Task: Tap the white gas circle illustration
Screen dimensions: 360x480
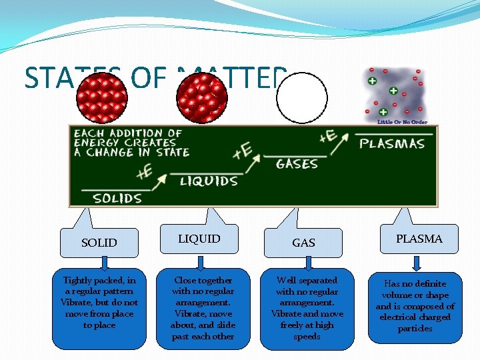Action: click(x=302, y=98)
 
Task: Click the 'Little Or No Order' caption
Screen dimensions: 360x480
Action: click(x=402, y=122)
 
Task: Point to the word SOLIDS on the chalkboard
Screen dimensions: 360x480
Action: click(x=117, y=197)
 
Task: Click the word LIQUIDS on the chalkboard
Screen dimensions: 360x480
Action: click(x=208, y=181)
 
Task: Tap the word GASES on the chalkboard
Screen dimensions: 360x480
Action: click(x=297, y=163)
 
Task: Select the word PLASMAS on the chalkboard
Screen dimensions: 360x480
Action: click(x=392, y=143)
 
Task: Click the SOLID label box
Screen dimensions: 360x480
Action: click(x=99, y=243)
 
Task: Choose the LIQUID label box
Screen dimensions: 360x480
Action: click(x=199, y=239)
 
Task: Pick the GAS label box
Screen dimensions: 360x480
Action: click(x=304, y=243)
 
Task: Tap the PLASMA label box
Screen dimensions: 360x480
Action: click(x=419, y=239)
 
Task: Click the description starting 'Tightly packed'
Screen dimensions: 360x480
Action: click(x=99, y=303)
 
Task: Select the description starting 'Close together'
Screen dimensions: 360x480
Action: click(x=203, y=308)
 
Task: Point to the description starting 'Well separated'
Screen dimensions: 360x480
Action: click(x=307, y=308)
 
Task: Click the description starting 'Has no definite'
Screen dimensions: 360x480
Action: click(x=415, y=306)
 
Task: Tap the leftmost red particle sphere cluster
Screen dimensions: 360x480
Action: click(x=102, y=95)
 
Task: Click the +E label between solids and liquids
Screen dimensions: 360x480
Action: click(x=144, y=173)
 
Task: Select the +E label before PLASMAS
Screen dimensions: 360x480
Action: click(x=327, y=137)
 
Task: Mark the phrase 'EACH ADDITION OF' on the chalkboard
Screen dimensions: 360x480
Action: click(x=128, y=133)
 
